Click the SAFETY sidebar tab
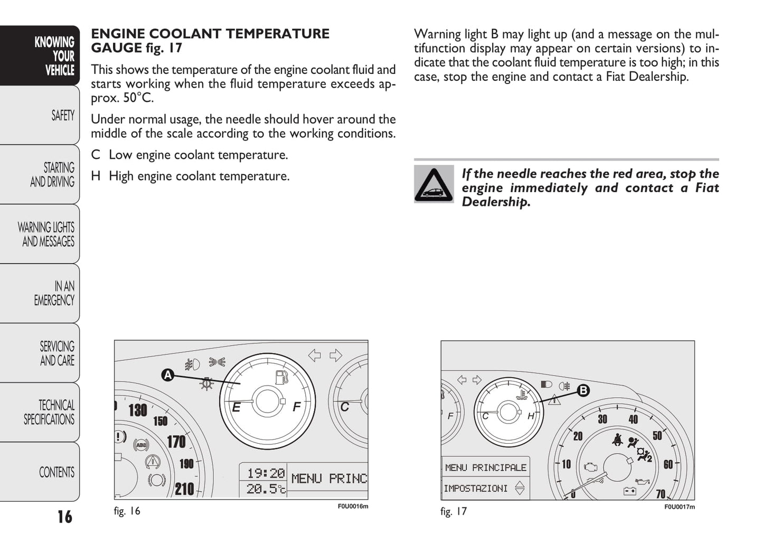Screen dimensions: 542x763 (62, 115)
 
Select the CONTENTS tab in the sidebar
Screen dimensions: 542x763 (56, 472)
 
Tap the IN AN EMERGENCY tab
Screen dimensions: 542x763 (54, 293)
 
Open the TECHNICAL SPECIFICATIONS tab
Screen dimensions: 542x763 (49, 412)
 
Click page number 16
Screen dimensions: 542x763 (65, 517)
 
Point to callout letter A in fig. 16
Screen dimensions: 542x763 (167, 376)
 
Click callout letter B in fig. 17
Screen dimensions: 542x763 (583, 390)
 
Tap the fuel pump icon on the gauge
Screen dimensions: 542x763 (282, 377)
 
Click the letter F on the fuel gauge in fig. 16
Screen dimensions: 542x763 (297, 407)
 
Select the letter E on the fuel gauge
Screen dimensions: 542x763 (237, 407)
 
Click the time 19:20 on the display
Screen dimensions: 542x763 (266, 473)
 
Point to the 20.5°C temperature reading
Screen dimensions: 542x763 (266, 489)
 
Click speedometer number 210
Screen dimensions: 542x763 (184, 489)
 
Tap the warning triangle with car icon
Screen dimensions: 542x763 (434, 184)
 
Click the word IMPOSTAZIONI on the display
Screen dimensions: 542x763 (475, 488)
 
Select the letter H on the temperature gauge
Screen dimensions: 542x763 (531, 416)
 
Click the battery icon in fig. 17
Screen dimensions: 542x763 (630, 491)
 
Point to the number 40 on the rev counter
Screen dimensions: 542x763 (633, 419)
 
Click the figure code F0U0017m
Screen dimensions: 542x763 (679, 507)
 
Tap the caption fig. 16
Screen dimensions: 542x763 (127, 511)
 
